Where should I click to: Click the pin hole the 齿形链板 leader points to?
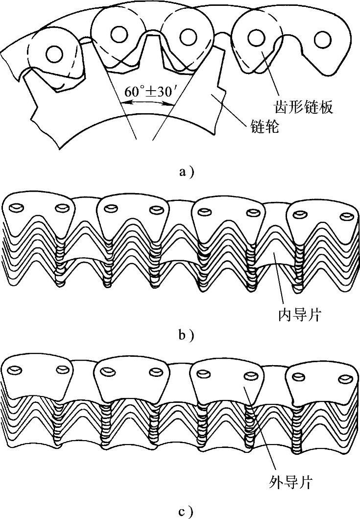254,37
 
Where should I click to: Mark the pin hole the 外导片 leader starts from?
250,376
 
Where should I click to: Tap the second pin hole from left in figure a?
119,33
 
